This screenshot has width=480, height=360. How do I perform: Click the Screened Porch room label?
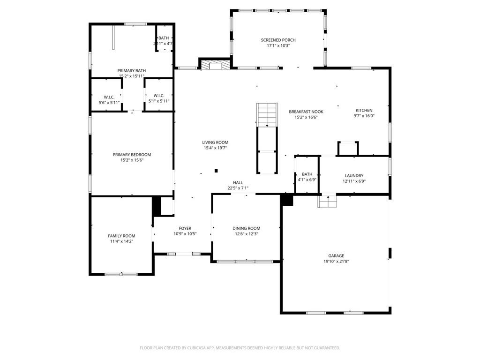click(278, 40)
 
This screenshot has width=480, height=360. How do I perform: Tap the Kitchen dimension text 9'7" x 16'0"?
click(364, 116)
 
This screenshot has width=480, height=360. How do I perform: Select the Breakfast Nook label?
click(306, 112)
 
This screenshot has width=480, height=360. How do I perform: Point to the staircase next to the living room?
click(267, 115)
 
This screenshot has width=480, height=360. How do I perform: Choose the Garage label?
click(336, 256)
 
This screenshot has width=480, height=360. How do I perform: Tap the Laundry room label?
click(354, 176)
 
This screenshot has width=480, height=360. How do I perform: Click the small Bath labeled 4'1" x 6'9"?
click(307, 174)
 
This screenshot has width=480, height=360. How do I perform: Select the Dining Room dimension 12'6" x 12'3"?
click(246, 234)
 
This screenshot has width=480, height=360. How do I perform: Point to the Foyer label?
click(185, 228)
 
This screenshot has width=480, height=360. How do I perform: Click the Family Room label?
click(121, 236)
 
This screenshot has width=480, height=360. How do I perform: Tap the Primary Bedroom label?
click(132, 155)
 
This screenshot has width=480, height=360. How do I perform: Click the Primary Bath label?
click(131, 71)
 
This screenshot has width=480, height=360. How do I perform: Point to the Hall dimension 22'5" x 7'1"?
click(238, 188)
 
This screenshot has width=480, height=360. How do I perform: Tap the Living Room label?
click(215, 142)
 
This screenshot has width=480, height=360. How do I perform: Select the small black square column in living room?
click(216, 171)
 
